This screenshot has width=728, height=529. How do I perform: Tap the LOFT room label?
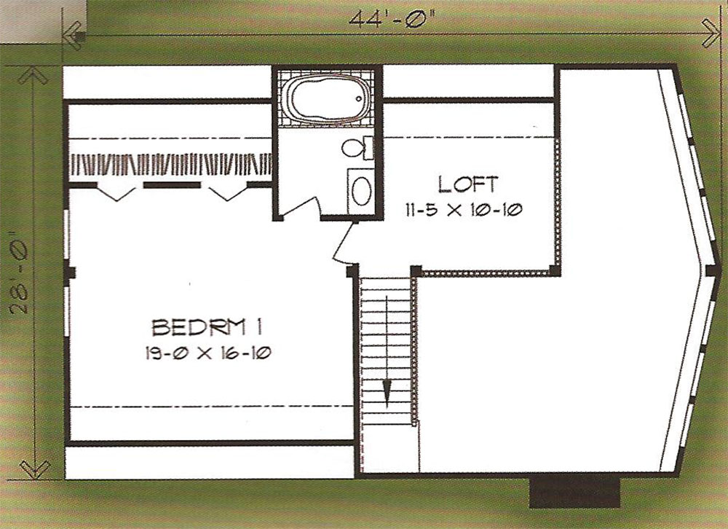(468, 184)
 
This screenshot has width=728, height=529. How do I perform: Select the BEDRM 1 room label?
(207, 327)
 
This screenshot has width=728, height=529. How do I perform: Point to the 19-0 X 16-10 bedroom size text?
(207, 353)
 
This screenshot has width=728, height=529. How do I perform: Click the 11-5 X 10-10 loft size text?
(464, 210)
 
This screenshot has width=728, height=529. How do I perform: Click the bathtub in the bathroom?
(327, 99)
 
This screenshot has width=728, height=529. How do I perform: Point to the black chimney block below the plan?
(575, 493)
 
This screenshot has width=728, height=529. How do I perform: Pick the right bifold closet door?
(227, 192)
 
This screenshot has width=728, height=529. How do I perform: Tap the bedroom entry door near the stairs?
(344, 243)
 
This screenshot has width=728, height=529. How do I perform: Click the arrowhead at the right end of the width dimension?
(711, 33)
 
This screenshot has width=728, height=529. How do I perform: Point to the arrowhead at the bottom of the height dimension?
(35, 469)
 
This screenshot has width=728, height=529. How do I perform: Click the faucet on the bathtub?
(359, 98)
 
